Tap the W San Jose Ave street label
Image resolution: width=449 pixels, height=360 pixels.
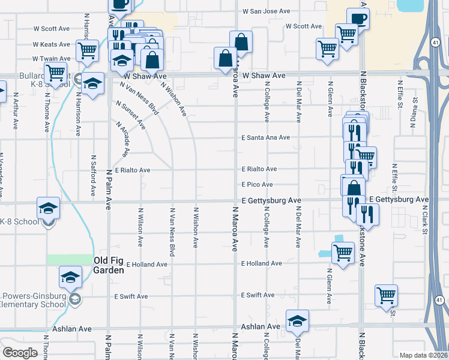click(x=266, y=11)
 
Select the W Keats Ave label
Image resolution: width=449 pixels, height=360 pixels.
click(x=52, y=44)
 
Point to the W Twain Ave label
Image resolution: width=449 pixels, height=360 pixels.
click(x=52, y=59)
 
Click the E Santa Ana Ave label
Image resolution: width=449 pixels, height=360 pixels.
click(x=266, y=137)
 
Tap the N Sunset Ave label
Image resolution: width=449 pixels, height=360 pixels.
click(x=131, y=116)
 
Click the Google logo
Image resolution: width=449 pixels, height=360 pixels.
click(x=20, y=352)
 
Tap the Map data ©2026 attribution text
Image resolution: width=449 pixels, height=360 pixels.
click(x=424, y=355)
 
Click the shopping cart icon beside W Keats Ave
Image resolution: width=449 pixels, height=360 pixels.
click(x=88, y=50)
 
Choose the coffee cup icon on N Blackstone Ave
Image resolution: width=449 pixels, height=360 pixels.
click(x=358, y=17)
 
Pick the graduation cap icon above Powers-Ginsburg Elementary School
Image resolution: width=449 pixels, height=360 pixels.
click(x=70, y=277)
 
